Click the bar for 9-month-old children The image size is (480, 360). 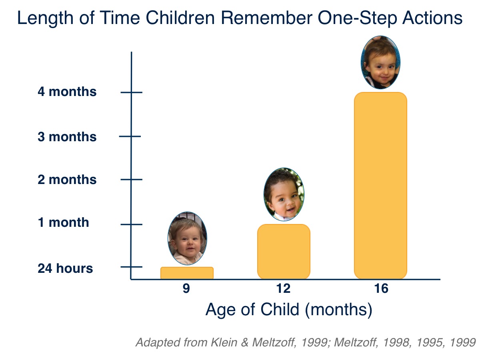pos(187,273)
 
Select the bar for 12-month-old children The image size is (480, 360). pos(284,252)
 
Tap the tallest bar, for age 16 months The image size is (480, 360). pos(380,186)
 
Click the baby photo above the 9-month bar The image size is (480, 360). pos(187,239)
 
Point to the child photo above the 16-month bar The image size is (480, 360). pos(380,62)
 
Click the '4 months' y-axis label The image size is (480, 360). pos(67,92)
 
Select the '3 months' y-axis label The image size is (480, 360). pos(67,137)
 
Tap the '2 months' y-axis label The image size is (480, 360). pos(67,180)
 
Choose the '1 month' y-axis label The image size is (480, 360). pos(64,222)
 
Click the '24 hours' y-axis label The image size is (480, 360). pos(65,268)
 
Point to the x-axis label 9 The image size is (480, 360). pos(186,289)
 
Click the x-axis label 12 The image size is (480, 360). pos(284,289)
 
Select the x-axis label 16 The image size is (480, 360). pos(382,289)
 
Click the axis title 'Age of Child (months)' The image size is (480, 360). pos(289,310)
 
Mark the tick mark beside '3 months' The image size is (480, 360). pos(130,136)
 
